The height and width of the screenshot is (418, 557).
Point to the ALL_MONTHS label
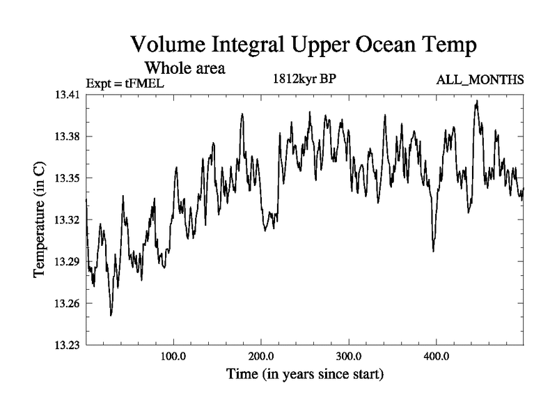(x=480, y=80)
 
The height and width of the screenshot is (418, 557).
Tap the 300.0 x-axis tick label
(x=348, y=357)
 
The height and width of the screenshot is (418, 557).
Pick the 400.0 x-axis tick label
(x=436, y=357)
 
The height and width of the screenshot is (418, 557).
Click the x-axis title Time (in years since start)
(x=305, y=374)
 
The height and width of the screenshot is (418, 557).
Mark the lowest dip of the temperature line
(x=111, y=315)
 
